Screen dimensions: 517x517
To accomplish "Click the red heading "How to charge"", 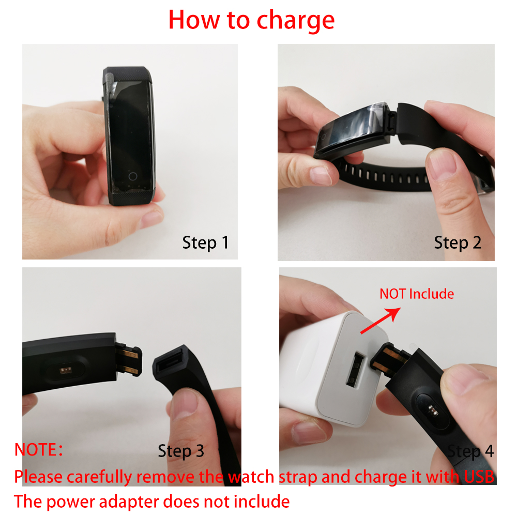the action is pyautogui.click(x=251, y=21).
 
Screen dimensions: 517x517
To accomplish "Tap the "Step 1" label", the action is pyautogui.click(x=205, y=243).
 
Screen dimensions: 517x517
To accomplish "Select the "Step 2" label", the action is pyautogui.click(x=458, y=243).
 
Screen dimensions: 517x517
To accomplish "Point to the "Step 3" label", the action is pyautogui.click(x=181, y=451).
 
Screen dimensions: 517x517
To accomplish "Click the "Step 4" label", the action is pyautogui.click(x=470, y=451).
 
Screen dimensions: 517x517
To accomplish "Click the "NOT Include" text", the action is pyautogui.click(x=417, y=294).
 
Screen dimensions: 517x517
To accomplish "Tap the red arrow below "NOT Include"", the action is pyautogui.click(x=381, y=321).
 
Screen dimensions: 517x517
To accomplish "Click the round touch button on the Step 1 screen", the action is pyautogui.click(x=133, y=176).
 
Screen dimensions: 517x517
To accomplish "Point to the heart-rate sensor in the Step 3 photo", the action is pyautogui.click(x=67, y=371).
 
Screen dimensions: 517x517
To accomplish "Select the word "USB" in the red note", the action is pyautogui.click(x=479, y=477).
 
